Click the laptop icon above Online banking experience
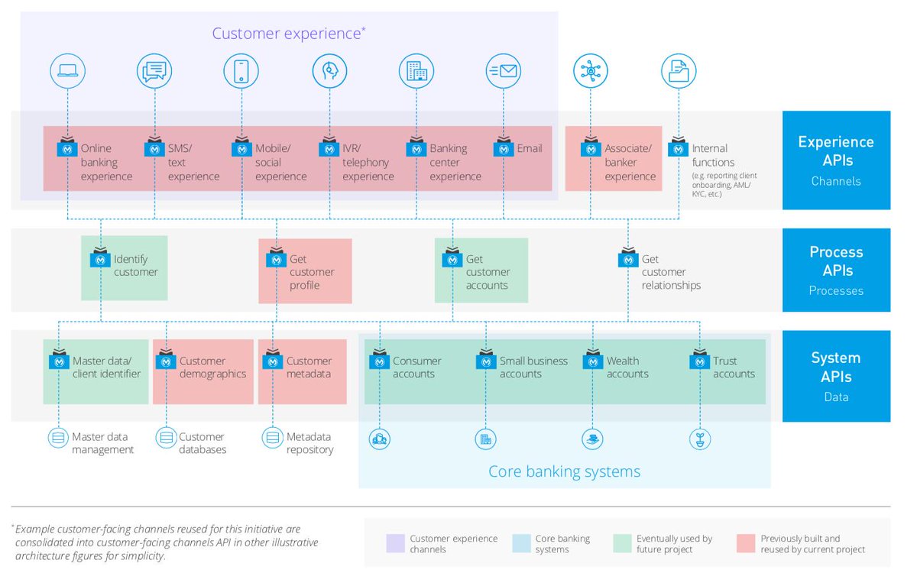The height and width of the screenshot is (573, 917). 67,71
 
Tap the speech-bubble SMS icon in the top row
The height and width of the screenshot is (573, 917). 154,71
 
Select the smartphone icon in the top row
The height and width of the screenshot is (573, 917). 241,71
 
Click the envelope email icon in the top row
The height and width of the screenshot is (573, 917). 504,71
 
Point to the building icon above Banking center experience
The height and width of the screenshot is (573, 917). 416,71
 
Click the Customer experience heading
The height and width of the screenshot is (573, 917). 288,34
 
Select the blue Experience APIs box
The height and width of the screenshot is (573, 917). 836,160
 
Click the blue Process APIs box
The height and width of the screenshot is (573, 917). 836,270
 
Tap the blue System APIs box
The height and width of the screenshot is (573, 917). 836,376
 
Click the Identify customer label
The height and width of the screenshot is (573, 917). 135,266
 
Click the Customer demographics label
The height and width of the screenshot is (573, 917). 212,367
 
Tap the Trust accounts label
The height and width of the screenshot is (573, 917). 734,367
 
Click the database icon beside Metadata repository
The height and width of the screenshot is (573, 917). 272,438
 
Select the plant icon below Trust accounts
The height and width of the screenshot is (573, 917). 699,439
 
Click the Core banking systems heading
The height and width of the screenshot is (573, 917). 564,471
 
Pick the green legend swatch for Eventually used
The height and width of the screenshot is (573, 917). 623,544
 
